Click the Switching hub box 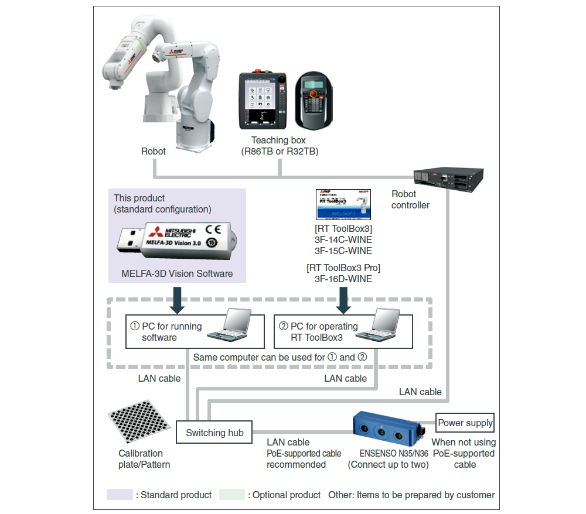pos(214,433)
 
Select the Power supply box pos(465,423)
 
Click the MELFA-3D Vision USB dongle pos(176,239)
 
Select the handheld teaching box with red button pos(315,101)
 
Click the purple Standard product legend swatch pos(120,495)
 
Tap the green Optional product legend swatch pos(231,495)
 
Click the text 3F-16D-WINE pos(343,279)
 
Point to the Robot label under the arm pos(154,151)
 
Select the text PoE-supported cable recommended pos(304,459)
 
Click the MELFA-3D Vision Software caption pos(177,273)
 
